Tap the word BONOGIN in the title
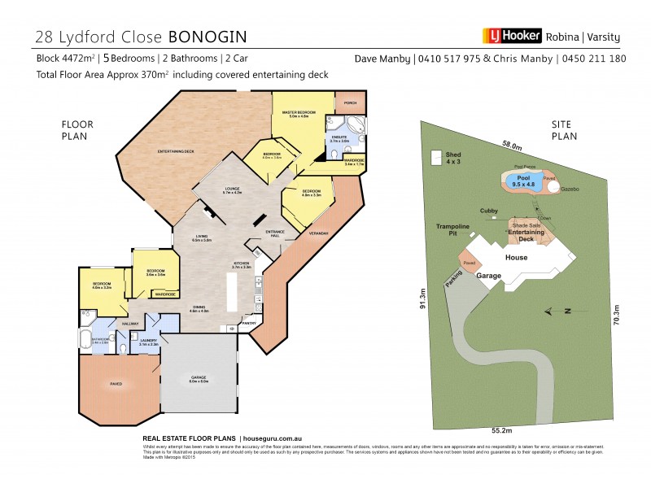pos(208,37)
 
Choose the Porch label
pos(351,103)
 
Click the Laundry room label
pos(147,342)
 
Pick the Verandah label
pos(317,234)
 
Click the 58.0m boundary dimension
pos(511,145)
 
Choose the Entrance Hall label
pos(273,234)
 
